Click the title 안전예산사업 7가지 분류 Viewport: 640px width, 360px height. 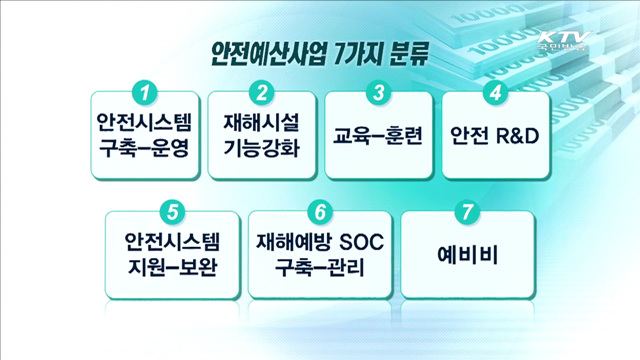[x=319, y=54]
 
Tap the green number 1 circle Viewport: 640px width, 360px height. [x=146, y=93]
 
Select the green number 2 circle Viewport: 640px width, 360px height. [x=262, y=93]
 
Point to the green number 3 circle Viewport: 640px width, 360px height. [x=379, y=93]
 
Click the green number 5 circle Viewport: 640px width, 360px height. [x=173, y=213]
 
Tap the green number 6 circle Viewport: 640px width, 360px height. [x=318, y=213]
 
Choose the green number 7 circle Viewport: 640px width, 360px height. [x=462, y=213]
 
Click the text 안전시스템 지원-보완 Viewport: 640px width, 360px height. [x=173, y=255]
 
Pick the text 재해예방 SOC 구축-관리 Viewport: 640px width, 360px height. [x=318, y=255]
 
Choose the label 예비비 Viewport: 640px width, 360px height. [x=462, y=255]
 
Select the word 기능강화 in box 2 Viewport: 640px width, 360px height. [x=261, y=149]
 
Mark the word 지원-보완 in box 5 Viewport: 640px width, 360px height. [x=173, y=269]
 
